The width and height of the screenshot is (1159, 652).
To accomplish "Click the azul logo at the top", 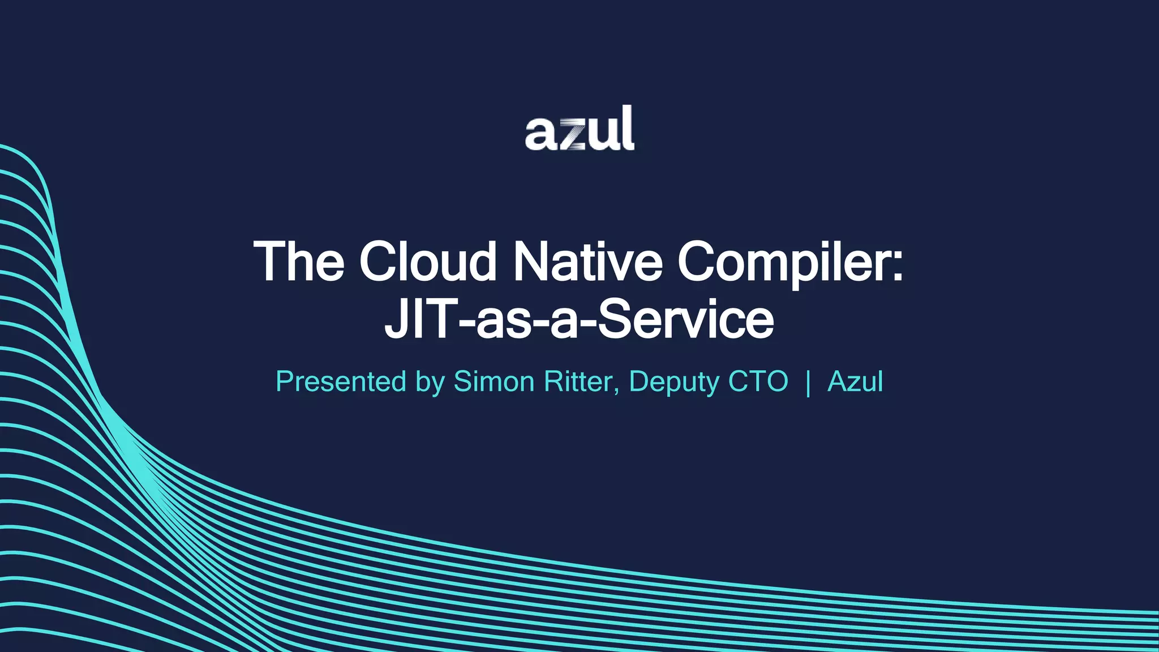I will (579, 128).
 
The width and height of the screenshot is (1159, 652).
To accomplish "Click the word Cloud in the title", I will (428, 261).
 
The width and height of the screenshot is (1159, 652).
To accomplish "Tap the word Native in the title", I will (587, 261).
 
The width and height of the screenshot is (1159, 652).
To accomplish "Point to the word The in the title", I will (299, 261).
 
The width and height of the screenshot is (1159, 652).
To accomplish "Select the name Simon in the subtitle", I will (494, 381).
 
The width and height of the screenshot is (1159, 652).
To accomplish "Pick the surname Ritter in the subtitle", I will (578, 381).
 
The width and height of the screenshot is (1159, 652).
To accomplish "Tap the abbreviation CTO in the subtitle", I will (758, 381).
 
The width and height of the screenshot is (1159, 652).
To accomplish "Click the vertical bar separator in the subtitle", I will (808, 383).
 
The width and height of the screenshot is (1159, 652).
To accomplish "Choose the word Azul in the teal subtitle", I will (855, 381).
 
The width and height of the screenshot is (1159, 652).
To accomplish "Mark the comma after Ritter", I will (616, 391).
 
